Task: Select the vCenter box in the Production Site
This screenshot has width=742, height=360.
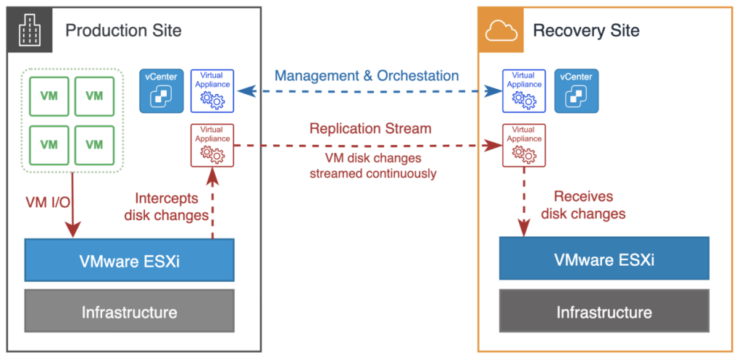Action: [161, 91]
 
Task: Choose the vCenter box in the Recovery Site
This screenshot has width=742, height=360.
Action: [576, 91]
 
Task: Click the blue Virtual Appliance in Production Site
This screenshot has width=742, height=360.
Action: [212, 91]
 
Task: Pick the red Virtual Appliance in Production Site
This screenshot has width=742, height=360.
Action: [212, 145]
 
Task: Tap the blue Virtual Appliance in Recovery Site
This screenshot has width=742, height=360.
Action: [523, 91]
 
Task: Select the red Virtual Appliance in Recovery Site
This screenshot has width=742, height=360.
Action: [523, 145]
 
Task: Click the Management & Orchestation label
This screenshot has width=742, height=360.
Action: [367, 75]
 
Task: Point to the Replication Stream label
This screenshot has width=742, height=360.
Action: [370, 128]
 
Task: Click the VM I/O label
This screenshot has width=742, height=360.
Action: [47, 203]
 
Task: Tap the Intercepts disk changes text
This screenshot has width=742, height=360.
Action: [166, 206]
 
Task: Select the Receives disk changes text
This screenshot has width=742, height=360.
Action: [583, 205]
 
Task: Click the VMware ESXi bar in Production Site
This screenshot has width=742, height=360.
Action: [129, 260]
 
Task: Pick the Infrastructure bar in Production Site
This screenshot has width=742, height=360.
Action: [129, 311]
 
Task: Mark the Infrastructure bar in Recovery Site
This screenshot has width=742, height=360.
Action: [604, 311]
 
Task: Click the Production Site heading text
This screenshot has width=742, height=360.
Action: [123, 30]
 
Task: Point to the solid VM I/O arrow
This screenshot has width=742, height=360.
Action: [72, 205]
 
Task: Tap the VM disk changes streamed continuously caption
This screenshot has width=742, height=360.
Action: [373, 165]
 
